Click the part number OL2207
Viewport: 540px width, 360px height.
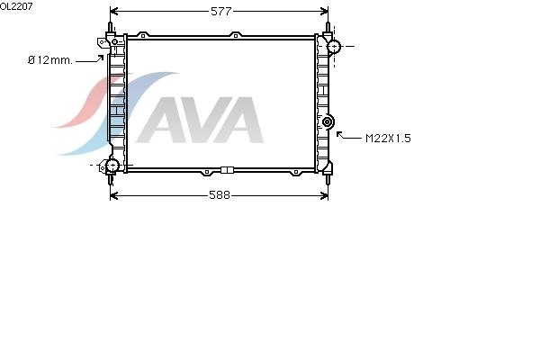(x=16, y=6)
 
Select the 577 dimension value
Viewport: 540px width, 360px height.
(x=221, y=12)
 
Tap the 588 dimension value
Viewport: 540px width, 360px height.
(x=220, y=195)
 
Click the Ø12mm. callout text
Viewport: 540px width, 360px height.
(x=50, y=60)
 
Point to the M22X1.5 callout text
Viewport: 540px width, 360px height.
(x=388, y=139)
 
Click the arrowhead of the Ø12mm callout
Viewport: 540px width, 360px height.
(x=101, y=58)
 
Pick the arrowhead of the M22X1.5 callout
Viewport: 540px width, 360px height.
(x=339, y=134)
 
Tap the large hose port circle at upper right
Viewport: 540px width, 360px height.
(x=334, y=46)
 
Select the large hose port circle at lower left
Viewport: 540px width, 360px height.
(x=112, y=166)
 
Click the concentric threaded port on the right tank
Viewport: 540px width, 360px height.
(x=327, y=121)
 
